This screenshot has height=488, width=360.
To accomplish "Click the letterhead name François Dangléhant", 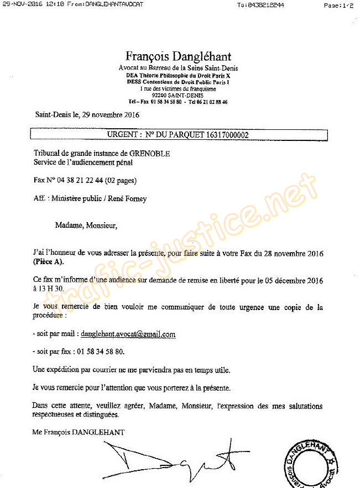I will pos(178,56).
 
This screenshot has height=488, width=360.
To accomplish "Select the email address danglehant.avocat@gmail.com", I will pos(128,334).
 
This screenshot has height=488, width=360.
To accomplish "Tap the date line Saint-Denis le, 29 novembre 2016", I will pos(87,115).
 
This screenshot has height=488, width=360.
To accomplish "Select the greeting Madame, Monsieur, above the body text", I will pos(86,225).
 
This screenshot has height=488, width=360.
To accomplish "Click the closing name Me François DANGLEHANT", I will pos(78,432).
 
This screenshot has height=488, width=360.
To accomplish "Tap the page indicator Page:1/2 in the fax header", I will pos(338,5).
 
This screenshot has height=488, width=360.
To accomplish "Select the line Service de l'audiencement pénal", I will pos(83,162).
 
